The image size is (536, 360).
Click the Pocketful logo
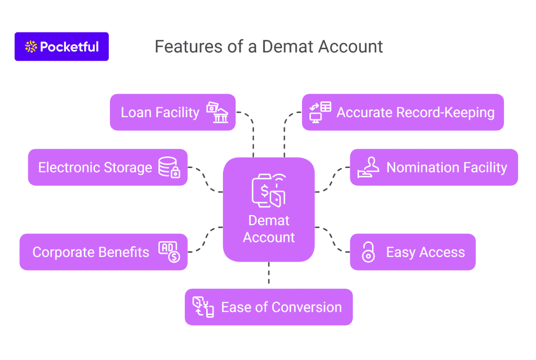pyautogui.click(x=62, y=47)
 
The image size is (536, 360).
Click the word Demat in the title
pyautogui.click(x=288, y=47)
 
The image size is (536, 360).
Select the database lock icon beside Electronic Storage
pyautogui.click(x=169, y=167)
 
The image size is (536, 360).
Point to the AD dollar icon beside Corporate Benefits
pyautogui.click(x=169, y=252)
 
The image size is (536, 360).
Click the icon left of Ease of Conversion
pyautogui.click(x=203, y=307)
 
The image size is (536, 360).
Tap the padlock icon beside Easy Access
pyautogui.click(x=368, y=252)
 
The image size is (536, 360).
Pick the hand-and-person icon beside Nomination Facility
pyautogui.click(x=368, y=167)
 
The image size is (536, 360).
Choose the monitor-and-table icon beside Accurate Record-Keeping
pyautogui.click(x=320, y=112)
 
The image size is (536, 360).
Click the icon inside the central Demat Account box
pyautogui.click(x=269, y=190)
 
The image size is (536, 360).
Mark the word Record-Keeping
pyautogui.click(x=450, y=112)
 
